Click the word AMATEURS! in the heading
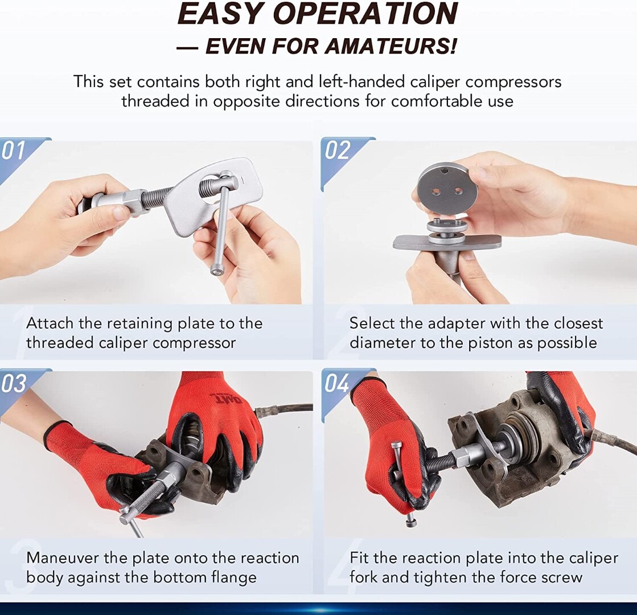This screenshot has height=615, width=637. click(x=391, y=46)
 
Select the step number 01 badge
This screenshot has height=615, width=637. click(x=14, y=150)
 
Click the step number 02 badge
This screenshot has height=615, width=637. click(x=337, y=150)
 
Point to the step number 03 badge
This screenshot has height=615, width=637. click(x=14, y=383)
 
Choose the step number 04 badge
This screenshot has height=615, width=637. click(x=337, y=383)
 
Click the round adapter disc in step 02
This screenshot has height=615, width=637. click(x=444, y=189)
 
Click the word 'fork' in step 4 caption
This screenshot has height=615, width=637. click(x=364, y=577)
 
